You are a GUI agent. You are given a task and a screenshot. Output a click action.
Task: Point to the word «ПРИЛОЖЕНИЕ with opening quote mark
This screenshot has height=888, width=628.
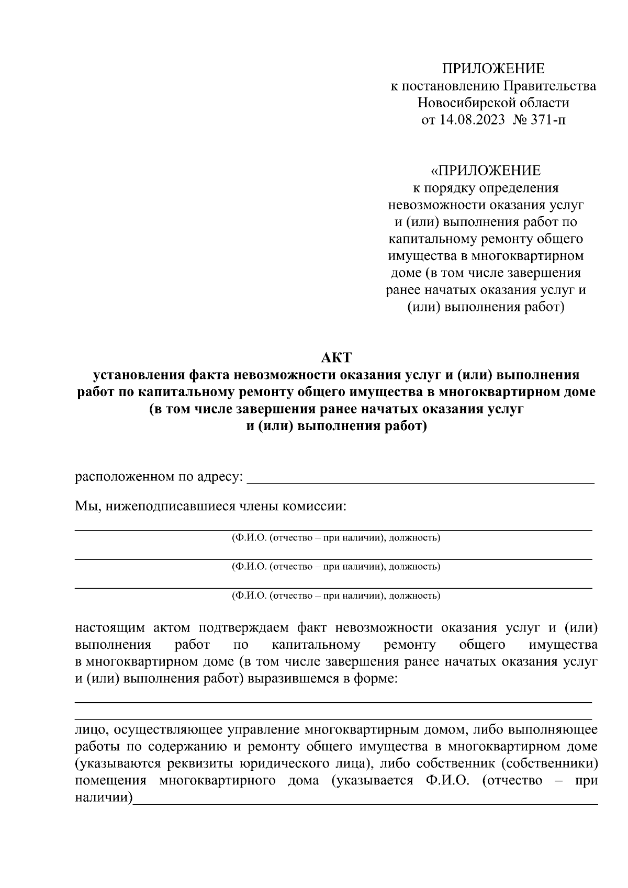tap(485, 171)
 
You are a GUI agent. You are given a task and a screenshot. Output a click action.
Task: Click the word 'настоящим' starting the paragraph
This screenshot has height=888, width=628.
tap(109, 628)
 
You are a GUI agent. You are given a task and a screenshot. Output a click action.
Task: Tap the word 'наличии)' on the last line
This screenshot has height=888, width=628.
tap(104, 798)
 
